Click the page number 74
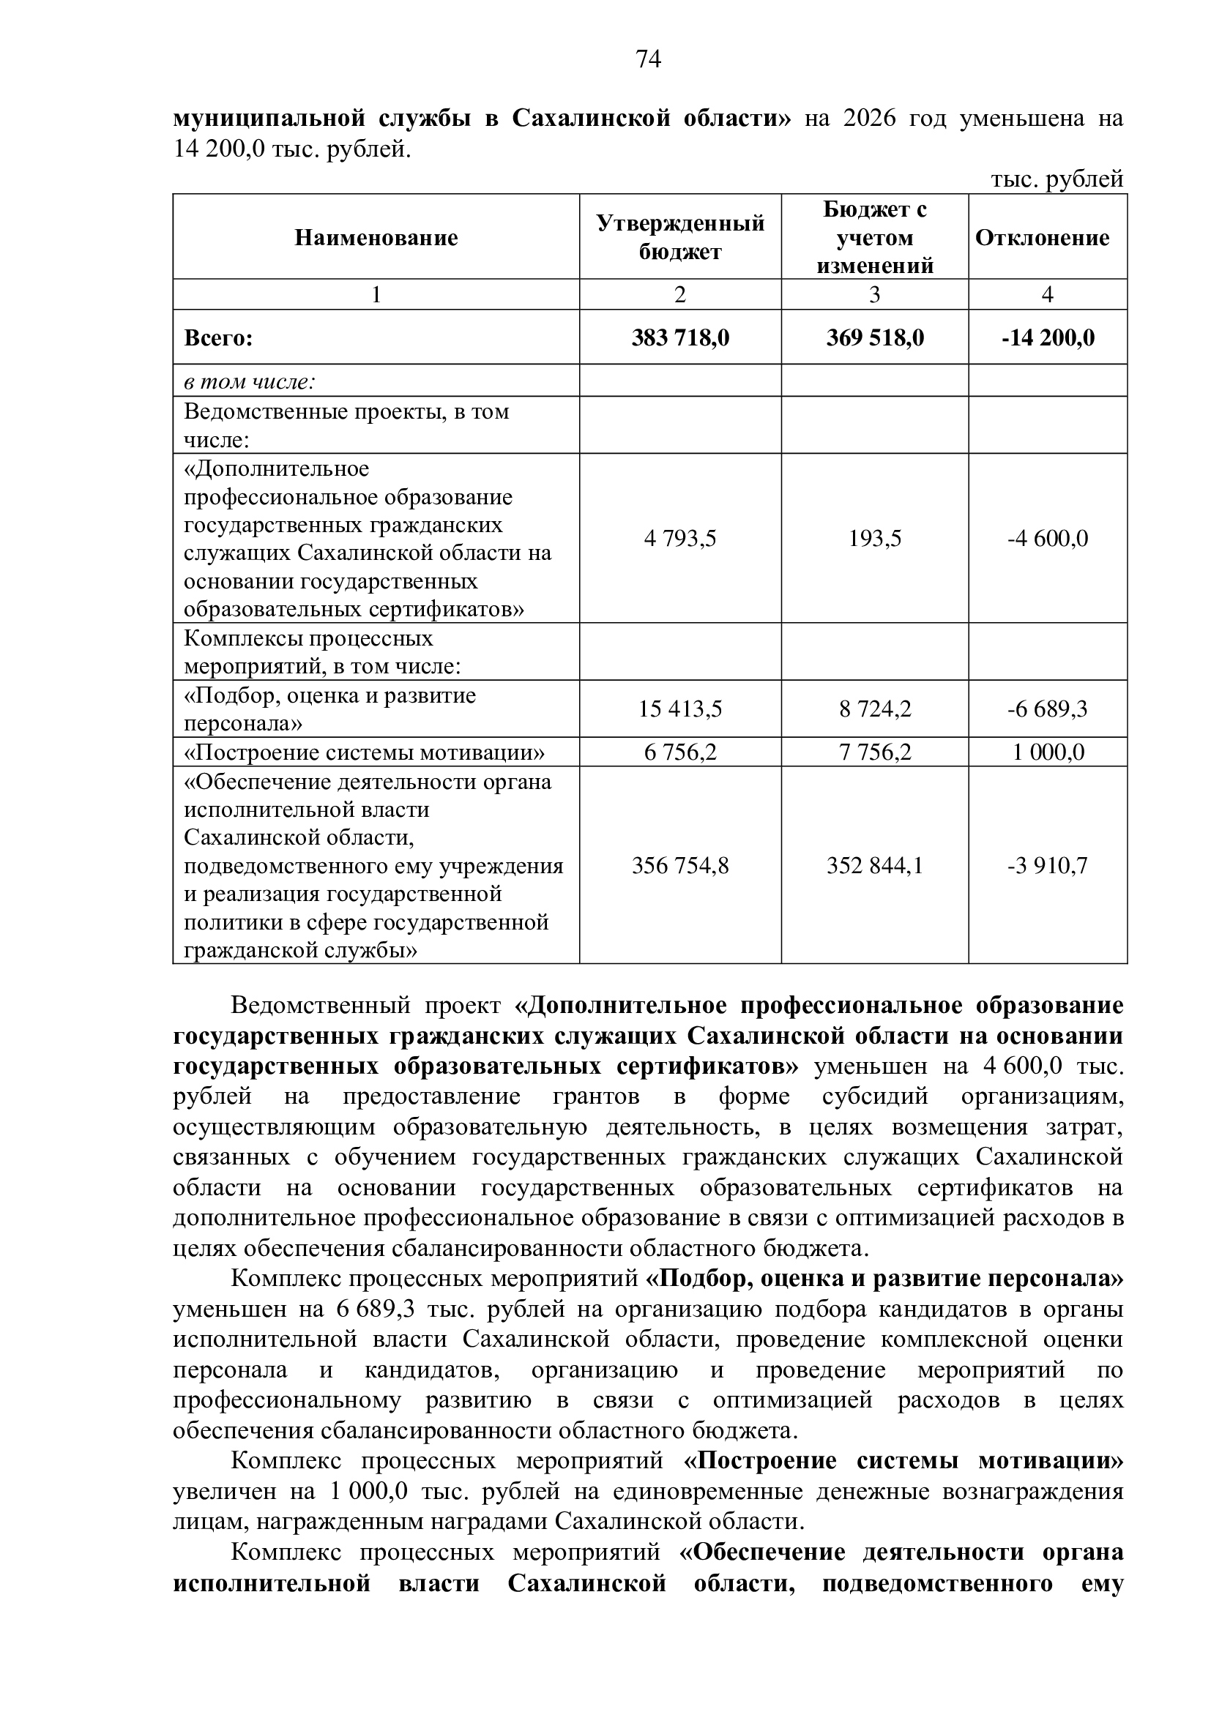pyautogui.click(x=649, y=59)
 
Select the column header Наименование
pyautogui.click(x=376, y=238)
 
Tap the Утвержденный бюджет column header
pyautogui.click(x=680, y=238)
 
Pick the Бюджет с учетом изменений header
pyautogui.click(x=875, y=238)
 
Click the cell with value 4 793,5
pyautogui.click(x=680, y=539)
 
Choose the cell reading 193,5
pyautogui.click(x=875, y=539)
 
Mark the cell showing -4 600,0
pyautogui.click(x=1048, y=539)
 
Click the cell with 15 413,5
pyautogui.click(x=680, y=709)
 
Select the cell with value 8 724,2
pyautogui.click(x=875, y=709)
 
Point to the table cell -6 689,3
pyautogui.click(x=1048, y=709)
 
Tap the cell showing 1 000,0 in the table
pyautogui.click(x=1048, y=752)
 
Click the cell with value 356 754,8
pyautogui.click(x=680, y=866)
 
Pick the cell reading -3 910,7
pyautogui.click(x=1048, y=866)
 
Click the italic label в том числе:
pyautogui.click(x=250, y=382)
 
